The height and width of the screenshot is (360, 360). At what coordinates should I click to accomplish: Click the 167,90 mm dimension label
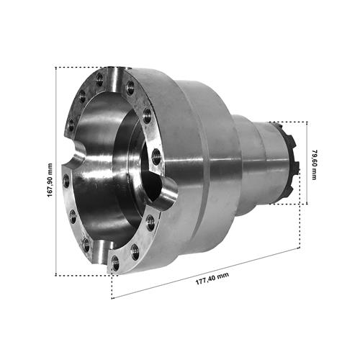tap(50, 180)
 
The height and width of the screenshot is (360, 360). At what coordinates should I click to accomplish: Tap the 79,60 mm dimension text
tap(314, 165)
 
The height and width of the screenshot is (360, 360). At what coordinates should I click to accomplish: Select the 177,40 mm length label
tap(212, 279)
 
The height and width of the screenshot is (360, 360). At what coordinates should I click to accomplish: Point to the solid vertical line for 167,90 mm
tap(56, 171)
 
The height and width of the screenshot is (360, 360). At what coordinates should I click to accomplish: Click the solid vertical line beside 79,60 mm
tap(307, 163)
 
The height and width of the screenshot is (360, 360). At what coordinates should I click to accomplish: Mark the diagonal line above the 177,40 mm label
tap(206, 274)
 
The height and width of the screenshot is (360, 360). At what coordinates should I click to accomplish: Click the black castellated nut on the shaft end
tap(291, 163)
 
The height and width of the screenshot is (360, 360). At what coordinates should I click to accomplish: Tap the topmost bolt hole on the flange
tap(99, 78)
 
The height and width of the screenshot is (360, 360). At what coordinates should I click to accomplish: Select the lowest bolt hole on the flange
tap(116, 263)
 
